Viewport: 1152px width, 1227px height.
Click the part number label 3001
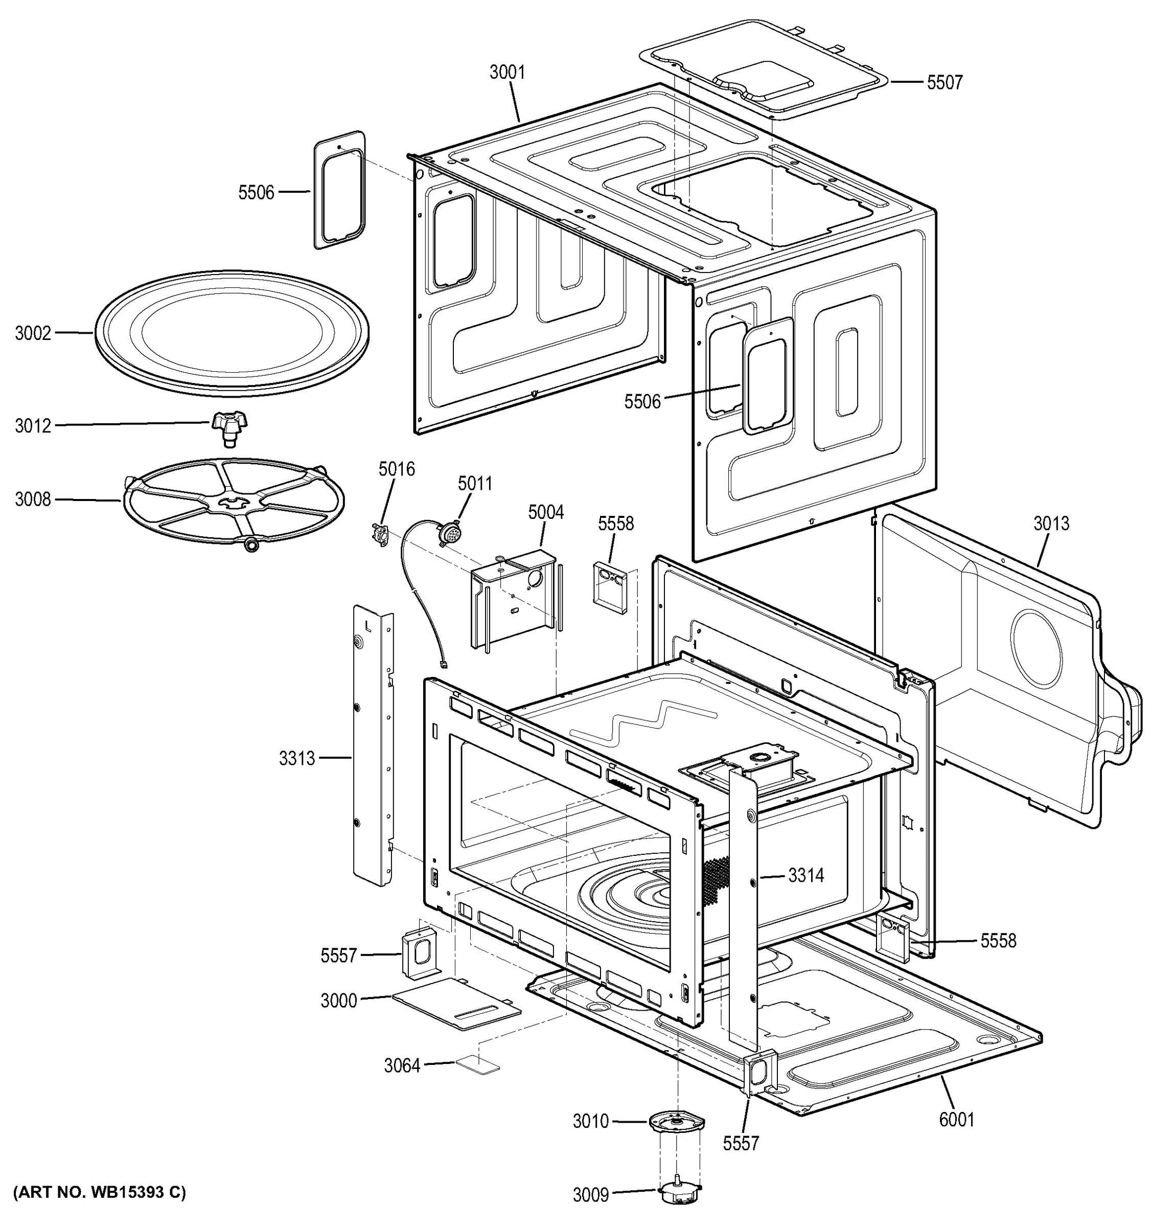[x=507, y=72]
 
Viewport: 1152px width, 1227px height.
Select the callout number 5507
[x=944, y=82]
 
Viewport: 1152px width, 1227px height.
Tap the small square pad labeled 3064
[x=477, y=1064]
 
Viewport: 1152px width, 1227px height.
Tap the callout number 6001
[x=956, y=1119]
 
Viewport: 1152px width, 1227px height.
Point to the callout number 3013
[x=1051, y=524]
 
